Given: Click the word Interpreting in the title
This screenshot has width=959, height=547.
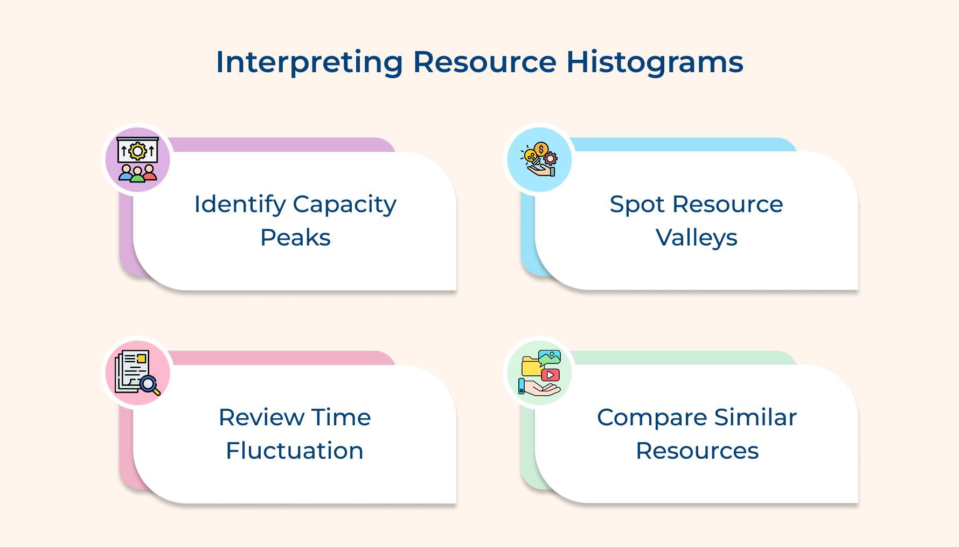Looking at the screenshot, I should click(309, 62).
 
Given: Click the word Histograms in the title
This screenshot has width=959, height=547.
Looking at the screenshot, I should click(655, 62).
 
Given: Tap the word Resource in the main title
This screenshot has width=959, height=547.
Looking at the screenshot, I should click(484, 62).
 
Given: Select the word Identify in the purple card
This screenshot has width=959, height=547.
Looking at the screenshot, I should click(240, 205).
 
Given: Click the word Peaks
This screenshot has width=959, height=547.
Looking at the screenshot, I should click(295, 237).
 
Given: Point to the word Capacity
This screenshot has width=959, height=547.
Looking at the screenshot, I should click(345, 205).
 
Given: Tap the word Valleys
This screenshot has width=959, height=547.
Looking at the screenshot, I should click(696, 238).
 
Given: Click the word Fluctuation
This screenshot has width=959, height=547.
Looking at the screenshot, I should click(295, 451).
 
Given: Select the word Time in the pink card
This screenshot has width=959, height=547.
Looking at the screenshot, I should click(341, 417).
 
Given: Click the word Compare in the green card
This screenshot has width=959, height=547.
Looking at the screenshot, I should click(652, 418).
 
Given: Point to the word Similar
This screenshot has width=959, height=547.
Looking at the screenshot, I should click(755, 417).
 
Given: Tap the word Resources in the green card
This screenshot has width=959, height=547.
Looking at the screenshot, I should click(697, 451).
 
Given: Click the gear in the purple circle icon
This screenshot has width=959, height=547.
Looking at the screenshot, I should click(138, 151).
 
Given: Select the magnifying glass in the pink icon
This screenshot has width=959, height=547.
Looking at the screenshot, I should click(149, 384).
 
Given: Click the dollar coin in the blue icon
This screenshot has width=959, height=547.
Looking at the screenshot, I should click(541, 149).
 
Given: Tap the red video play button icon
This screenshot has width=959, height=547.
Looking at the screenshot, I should click(550, 375).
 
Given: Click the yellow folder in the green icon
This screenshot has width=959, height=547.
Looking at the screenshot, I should click(531, 367).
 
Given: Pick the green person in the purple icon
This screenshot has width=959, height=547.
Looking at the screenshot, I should click(138, 174).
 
